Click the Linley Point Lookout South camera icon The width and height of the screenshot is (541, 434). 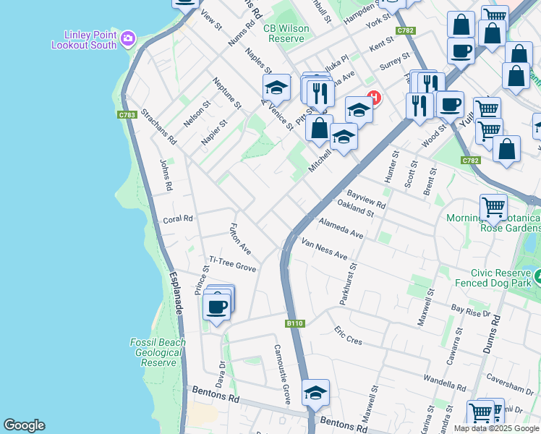click(x=128, y=38)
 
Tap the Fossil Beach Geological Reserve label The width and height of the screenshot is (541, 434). click(x=157, y=352)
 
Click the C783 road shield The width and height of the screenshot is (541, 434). click(x=127, y=114)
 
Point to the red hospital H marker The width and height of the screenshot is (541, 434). click(x=374, y=97)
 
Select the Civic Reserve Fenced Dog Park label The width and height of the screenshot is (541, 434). click(x=495, y=278)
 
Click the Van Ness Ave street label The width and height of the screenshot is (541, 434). click(x=325, y=250)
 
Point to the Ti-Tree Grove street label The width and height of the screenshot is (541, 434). click(x=233, y=264)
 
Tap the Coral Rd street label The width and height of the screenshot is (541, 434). click(x=178, y=218)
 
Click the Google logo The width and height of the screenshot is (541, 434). click(x=24, y=425)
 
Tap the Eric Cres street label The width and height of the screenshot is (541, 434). click(x=348, y=335)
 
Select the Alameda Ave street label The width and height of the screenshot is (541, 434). click(x=341, y=229)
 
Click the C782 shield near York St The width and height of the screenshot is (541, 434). click(x=406, y=30)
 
